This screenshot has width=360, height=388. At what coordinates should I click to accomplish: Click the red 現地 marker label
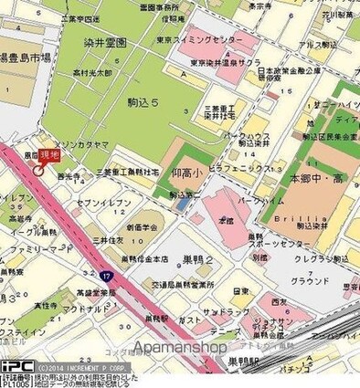[x=48, y=158]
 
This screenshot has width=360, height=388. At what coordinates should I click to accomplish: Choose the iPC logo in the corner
[x=16, y=364]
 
